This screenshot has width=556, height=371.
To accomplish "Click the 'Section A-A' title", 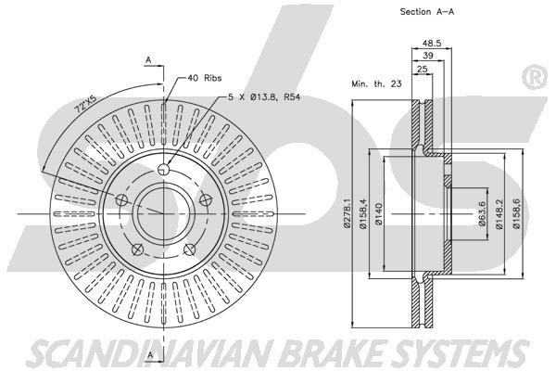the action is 427,12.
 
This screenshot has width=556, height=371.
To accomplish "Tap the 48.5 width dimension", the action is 432,44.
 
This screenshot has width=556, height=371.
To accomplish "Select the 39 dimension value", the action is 428,56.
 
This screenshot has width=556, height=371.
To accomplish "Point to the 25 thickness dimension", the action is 423,69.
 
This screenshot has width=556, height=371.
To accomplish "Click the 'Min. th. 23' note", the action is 376,84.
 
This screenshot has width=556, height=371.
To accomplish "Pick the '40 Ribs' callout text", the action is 205,78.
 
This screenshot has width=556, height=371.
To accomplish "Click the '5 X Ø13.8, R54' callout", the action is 264,96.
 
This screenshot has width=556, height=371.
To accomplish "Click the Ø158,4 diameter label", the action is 363,212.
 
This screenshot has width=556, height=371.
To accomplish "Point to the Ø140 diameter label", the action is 379,213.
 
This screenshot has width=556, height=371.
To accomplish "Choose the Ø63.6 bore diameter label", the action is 482,213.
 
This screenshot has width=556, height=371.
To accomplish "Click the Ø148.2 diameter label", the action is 499,213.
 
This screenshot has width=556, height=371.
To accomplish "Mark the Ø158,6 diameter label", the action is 516,213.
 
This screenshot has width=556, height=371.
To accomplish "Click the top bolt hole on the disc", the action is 163,170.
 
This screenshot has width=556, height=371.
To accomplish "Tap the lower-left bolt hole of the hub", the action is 137,249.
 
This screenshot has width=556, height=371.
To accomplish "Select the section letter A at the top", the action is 148,60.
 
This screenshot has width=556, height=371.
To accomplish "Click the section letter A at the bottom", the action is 150,354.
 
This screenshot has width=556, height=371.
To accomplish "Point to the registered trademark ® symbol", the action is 536,77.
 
